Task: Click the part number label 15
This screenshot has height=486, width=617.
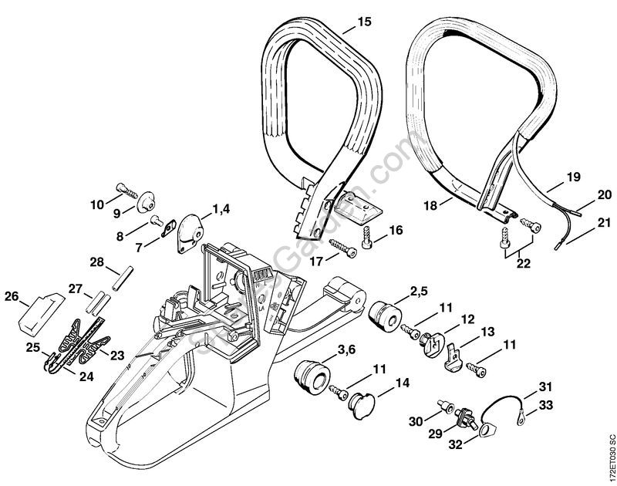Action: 364,23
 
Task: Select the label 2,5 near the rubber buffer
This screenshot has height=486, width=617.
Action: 419,291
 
